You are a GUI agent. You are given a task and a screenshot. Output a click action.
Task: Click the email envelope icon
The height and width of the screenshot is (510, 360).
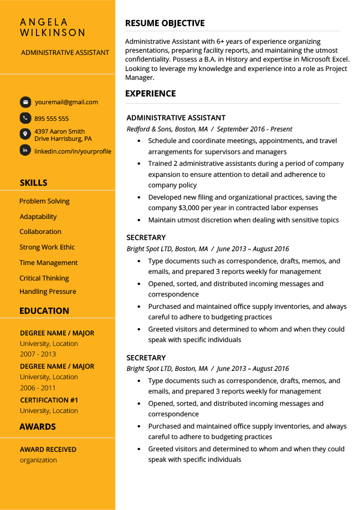(25, 102)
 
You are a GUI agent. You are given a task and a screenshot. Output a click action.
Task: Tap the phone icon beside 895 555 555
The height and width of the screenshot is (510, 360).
(25, 118)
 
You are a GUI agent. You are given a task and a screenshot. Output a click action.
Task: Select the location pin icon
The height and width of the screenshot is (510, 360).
(25, 134)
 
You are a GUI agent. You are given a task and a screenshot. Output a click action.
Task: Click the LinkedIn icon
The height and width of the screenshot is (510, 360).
(25, 150)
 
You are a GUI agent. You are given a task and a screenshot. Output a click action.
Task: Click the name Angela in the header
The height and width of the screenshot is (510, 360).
(44, 22)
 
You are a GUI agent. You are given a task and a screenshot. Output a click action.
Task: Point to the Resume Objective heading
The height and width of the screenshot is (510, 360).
(165, 23)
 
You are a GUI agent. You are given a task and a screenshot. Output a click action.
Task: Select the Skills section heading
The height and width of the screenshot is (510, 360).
(33, 183)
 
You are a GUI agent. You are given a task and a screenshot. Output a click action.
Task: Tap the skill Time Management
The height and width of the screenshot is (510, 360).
(49, 263)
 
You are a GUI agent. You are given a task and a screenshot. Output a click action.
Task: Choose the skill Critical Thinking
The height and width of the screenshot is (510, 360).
(44, 278)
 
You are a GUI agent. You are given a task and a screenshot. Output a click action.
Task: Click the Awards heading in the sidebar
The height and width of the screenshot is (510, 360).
(38, 427)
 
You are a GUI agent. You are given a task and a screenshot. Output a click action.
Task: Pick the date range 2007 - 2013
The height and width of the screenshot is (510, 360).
(38, 354)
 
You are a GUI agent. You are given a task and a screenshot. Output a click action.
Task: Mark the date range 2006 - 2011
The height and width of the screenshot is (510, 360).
(38, 388)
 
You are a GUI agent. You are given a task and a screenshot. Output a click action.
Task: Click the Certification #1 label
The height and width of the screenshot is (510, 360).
(49, 400)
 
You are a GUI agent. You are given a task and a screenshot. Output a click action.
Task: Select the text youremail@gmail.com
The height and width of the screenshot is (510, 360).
(66, 102)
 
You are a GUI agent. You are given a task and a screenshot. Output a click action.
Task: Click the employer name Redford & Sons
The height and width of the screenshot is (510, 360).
(149, 129)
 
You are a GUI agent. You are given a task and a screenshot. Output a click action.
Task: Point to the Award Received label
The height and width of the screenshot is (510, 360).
(48, 450)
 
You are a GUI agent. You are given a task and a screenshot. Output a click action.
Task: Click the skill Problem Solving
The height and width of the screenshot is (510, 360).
(44, 201)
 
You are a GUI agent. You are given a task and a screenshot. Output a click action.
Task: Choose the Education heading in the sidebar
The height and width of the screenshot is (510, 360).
(44, 311)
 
